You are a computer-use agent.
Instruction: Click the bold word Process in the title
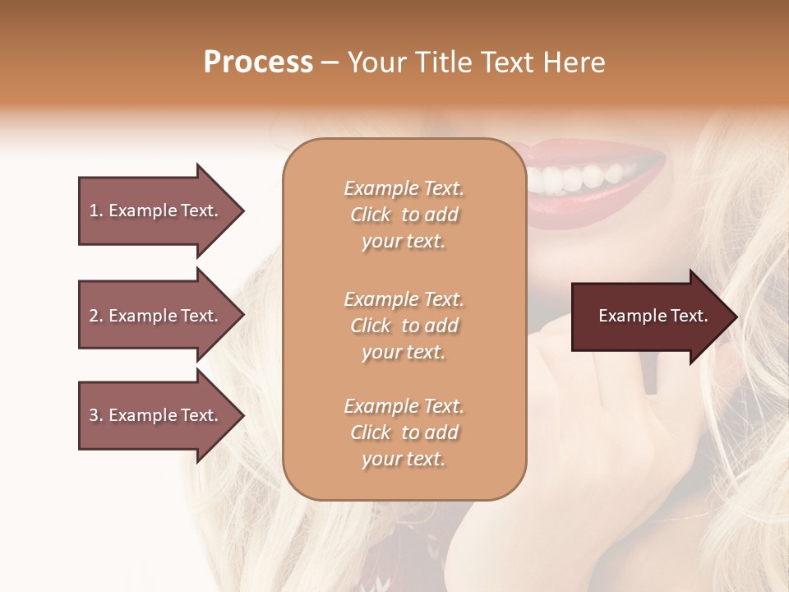pos(258,62)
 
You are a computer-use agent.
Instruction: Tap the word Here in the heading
pos(573,62)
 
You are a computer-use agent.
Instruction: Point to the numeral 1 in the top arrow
pos(93,210)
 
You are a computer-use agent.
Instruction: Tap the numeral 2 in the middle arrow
pos(94,316)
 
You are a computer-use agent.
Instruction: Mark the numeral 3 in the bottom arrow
pos(94,415)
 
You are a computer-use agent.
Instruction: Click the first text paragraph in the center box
pos(404,215)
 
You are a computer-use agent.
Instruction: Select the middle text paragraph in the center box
pos(404,326)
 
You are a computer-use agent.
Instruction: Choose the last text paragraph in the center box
pos(404,432)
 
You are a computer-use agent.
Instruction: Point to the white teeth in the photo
pos(588,175)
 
